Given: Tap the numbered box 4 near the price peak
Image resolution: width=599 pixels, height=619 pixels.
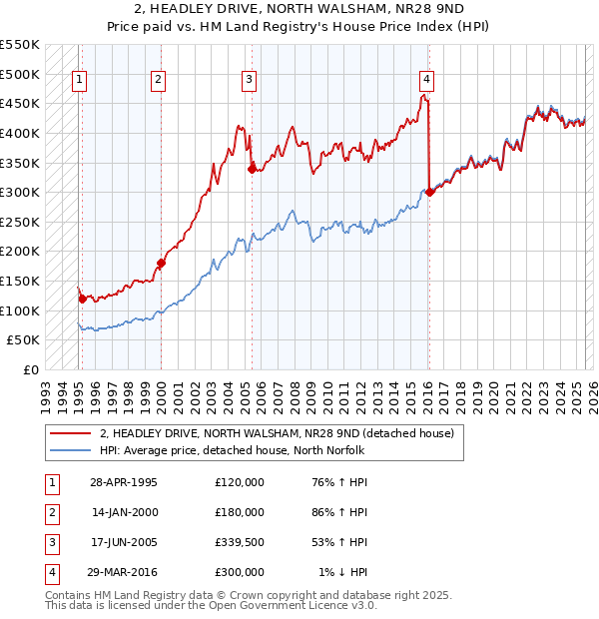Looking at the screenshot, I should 426,80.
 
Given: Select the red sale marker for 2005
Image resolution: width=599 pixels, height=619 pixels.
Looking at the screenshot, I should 252,168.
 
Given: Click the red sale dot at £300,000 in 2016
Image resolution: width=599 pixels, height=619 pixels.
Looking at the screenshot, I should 429,192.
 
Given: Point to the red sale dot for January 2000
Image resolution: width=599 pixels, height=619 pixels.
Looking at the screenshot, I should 161,263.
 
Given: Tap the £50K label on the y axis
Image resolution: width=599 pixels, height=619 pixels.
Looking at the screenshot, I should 24,339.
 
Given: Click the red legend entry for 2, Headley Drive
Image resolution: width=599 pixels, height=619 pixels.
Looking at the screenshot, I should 277,433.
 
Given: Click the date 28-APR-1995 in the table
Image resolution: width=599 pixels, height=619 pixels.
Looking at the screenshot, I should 124,482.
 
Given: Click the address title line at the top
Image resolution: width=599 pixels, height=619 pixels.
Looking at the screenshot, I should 299,10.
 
